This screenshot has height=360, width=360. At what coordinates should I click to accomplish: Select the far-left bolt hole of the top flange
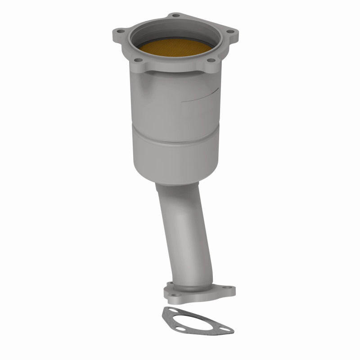coord(120,31)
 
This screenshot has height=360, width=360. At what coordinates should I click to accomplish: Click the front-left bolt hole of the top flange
coord(139,60)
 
